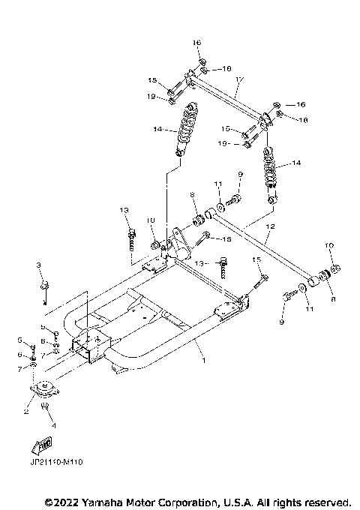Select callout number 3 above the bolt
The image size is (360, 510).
(39, 265)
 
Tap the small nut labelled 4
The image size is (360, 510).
(47, 407)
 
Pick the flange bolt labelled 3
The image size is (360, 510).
(44, 284)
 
